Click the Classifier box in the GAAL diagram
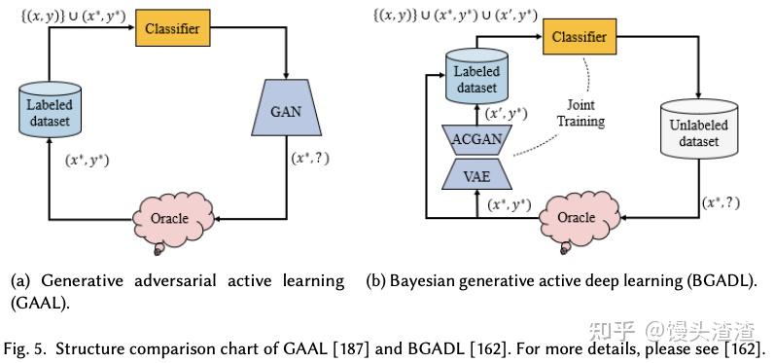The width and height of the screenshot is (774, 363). pos(173,29)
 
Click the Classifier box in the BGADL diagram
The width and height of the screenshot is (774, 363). pos(580,37)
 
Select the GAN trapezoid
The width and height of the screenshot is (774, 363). pos(286,110)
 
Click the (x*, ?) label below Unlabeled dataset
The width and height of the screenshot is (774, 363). pos(721,203)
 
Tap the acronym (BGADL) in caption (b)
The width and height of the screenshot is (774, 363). pos(716,281)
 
